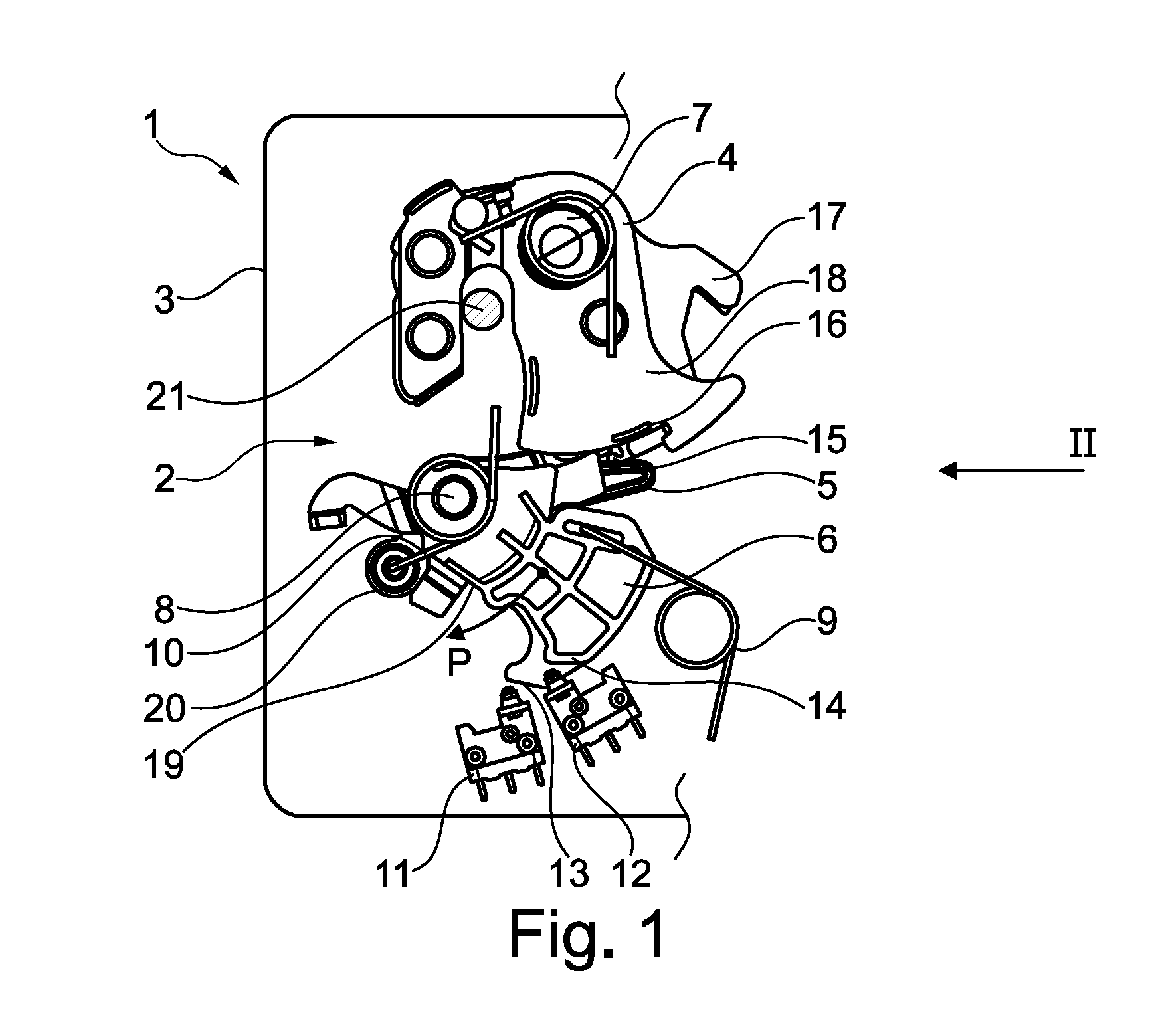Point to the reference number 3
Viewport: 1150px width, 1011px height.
(163, 300)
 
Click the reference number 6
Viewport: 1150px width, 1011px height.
(826, 539)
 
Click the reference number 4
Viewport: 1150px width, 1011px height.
(727, 159)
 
